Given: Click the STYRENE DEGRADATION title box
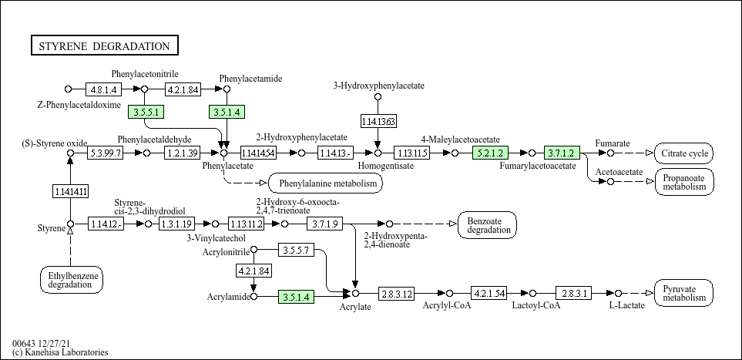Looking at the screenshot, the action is click(x=105, y=46).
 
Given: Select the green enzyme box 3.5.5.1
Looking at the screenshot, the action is click(x=146, y=113).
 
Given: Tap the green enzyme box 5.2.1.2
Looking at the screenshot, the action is click(x=490, y=153).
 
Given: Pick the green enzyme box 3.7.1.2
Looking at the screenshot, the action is click(x=562, y=153).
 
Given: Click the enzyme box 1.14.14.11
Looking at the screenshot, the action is click(x=70, y=191).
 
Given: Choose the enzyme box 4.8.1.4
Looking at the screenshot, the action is click(x=104, y=89).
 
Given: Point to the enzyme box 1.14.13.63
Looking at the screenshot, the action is click(x=378, y=121).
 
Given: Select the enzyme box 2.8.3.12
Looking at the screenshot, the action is click(x=396, y=294).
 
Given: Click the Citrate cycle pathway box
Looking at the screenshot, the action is click(x=684, y=153).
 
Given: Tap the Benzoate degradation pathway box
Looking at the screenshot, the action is click(x=488, y=225).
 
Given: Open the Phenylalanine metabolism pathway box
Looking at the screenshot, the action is click(x=326, y=183).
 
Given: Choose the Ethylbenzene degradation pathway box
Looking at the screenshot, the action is click(x=72, y=280).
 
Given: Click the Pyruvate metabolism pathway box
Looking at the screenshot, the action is click(x=684, y=293).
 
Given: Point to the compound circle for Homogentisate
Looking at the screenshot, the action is click(x=378, y=153).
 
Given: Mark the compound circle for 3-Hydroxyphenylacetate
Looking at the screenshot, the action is click(x=378, y=96).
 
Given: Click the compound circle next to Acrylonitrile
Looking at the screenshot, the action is click(x=253, y=249).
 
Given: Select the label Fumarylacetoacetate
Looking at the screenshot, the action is click(x=538, y=166).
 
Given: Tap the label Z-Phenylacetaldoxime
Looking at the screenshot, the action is click(x=79, y=105).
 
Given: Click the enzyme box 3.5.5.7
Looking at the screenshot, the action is click(x=296, y=250).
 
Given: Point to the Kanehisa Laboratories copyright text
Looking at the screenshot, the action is click(x=60, y=352).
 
